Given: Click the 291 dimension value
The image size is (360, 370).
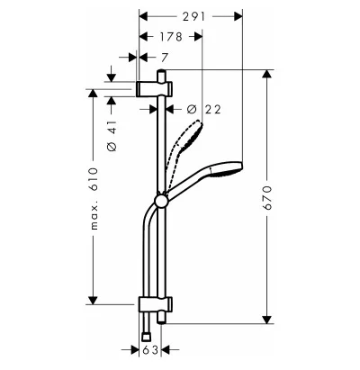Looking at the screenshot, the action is click(193, 16).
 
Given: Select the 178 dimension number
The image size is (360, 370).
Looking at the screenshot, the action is click(171, 37).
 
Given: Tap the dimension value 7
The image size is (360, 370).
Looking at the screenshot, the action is click(164, 58).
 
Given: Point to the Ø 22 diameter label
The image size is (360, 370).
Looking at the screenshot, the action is click(204, 109).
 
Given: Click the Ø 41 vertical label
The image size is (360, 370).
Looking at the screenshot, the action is click(112, 136).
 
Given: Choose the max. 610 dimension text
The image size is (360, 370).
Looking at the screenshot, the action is click(94, 199).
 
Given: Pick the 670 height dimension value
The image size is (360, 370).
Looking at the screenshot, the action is click(266, 198).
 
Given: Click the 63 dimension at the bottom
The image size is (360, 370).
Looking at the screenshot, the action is click(150, 349).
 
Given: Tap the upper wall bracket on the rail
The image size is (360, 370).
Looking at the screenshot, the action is click(154, 89).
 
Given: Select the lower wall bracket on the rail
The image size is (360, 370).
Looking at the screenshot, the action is click(155, 304).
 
